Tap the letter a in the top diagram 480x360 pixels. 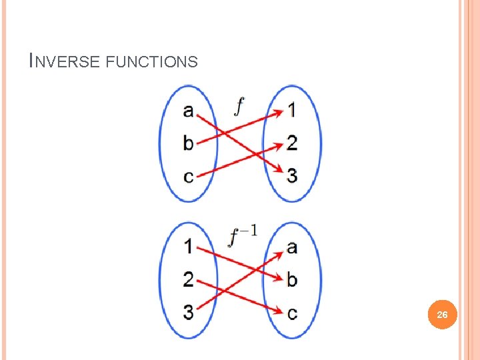(189, 111)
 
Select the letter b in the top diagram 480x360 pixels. (189, 142)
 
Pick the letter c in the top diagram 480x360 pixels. (189, 176)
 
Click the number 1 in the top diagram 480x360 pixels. (292, 110)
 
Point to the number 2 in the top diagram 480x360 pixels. (292, 142)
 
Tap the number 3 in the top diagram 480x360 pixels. (292, 175)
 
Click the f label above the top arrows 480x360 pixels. (239, 105)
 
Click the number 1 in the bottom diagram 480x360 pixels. (189, 247)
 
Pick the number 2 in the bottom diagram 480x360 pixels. (189, 279)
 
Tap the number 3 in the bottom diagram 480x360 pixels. (189, 311)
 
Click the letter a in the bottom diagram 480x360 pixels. (292, 248)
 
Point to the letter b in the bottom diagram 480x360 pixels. (292, 279)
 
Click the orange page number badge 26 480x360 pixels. (442, 314)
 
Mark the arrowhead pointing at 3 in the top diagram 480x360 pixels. (278, 171)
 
